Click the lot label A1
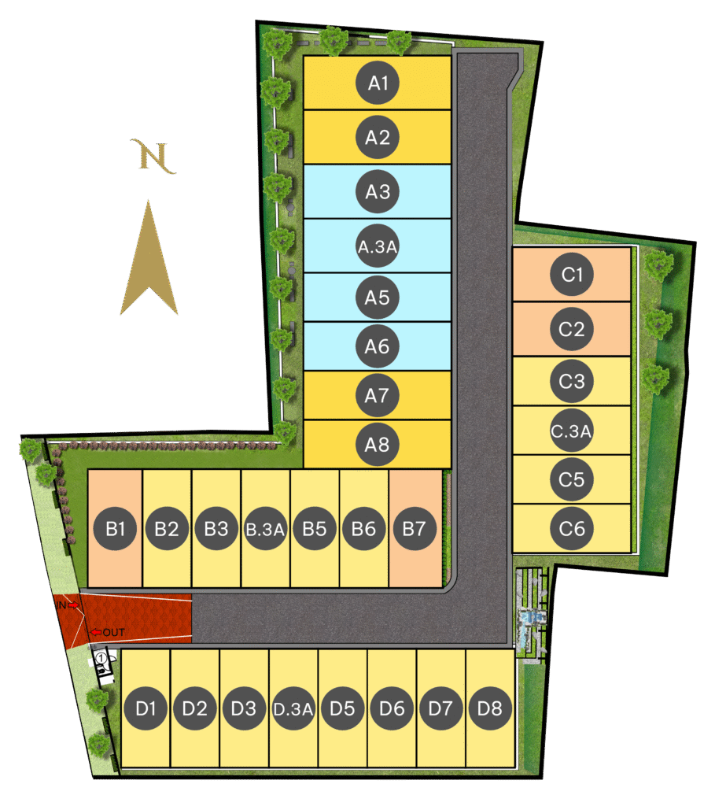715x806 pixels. point(378,83)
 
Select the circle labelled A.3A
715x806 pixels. point(378,246)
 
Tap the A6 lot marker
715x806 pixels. point(378,346)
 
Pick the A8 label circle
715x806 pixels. point(378,445)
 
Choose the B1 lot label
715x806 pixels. point(116,529)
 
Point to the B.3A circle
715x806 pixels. point(265,529)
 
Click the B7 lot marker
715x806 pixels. point(414,529)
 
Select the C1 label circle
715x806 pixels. point(572,275)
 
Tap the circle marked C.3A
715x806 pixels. point(572,431)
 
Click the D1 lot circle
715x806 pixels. point(146,708)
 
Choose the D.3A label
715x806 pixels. point(293,708)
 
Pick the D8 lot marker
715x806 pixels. point(490,708)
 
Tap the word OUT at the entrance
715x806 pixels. point(113,632)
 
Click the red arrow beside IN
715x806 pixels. point(73,605)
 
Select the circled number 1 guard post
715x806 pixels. point(101,658)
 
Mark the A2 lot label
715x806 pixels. point(378,138)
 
